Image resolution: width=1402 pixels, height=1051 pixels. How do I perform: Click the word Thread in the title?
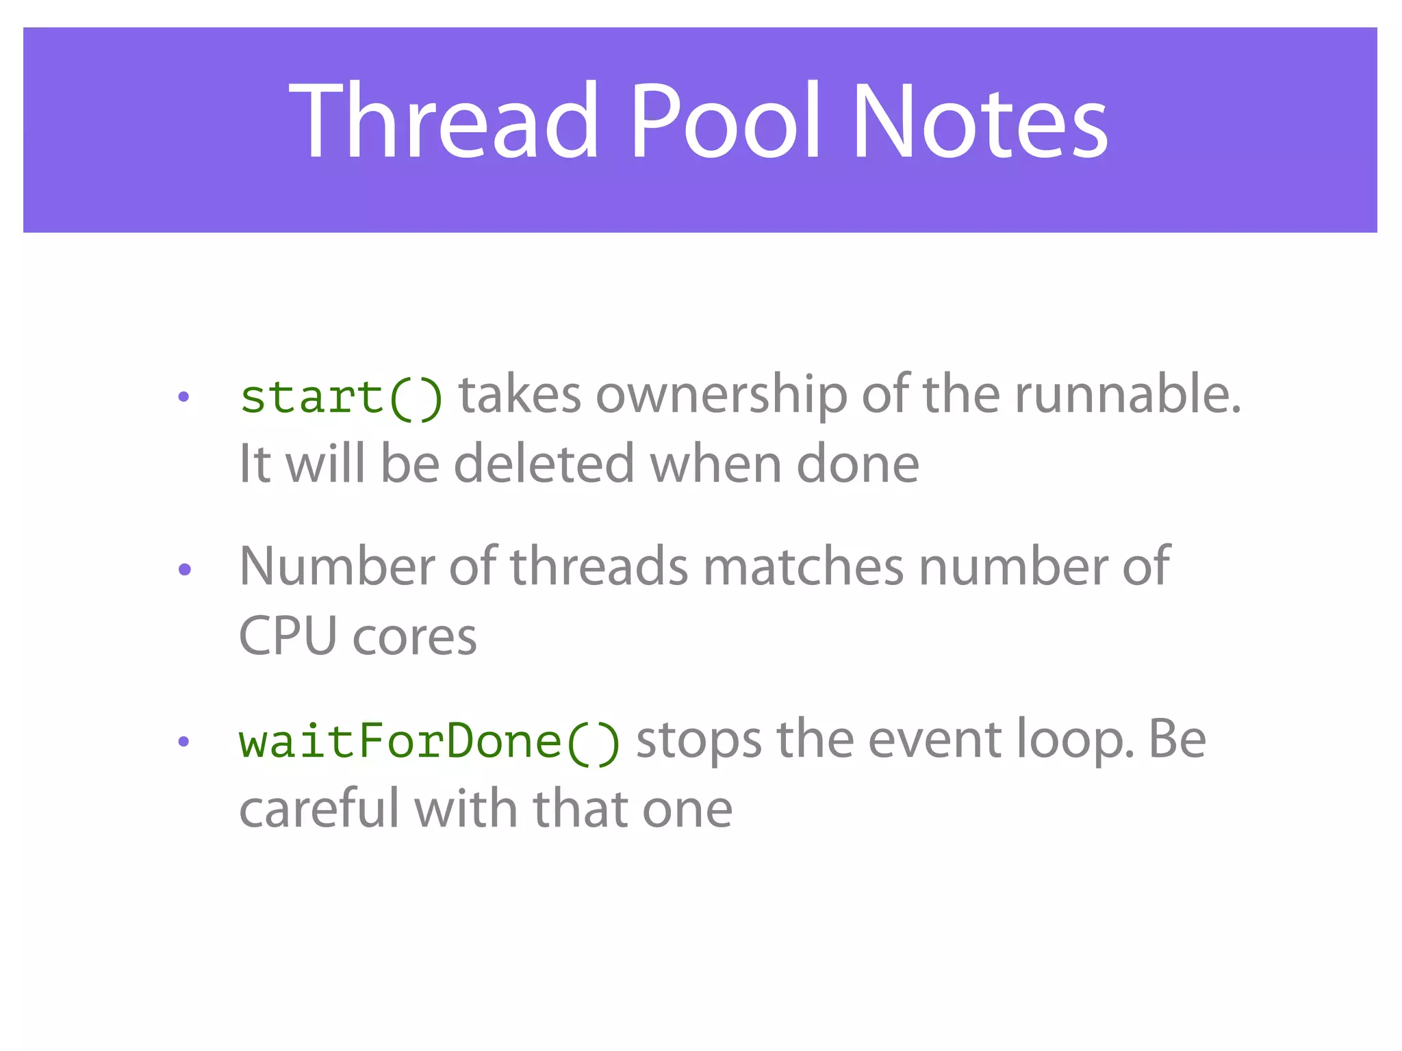[444, 122]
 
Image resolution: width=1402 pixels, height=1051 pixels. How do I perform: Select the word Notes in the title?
[980, 122]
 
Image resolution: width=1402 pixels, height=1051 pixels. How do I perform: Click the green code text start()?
[341, 397]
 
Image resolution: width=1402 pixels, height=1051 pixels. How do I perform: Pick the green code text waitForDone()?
[429, 742]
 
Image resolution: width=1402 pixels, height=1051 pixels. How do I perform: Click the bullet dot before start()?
[183, 397]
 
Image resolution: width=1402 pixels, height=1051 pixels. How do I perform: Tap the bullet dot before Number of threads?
[183, 569]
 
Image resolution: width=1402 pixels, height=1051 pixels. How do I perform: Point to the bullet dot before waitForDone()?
[183, 742]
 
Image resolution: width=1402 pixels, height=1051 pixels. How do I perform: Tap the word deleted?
[544, 464]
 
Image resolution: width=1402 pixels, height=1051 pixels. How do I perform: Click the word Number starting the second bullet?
[337, 567]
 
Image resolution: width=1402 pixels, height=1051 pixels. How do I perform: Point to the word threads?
[599, 567]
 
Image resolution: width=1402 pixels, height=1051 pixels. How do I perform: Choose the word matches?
[803, 567]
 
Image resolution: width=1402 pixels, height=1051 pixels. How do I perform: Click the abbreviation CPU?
[288, 636]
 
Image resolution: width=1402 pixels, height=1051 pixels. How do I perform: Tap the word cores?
[414, 638]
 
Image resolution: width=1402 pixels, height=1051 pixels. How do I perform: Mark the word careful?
[319, 809]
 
